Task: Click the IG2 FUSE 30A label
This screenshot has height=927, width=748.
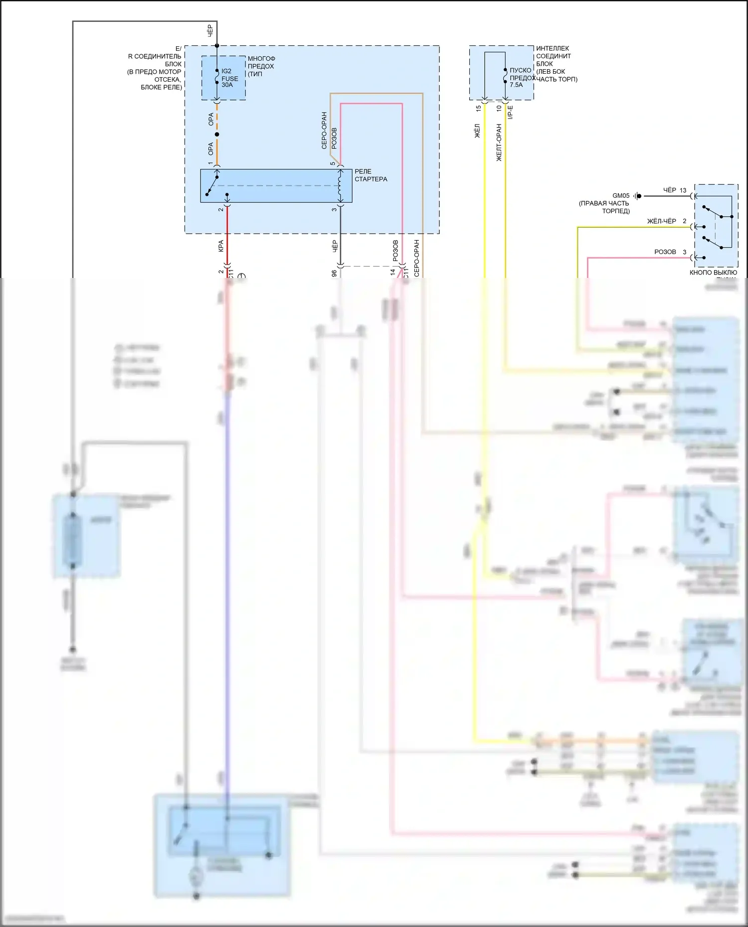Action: point(229,78)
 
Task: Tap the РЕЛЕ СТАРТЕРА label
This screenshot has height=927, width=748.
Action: point(371,175)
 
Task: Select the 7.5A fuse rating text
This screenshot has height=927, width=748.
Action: point(516,85)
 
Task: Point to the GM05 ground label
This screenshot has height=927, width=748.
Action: point(621,196)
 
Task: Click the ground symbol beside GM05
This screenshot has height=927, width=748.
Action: point(637,196)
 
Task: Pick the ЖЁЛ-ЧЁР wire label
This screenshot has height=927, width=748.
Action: point(661,221)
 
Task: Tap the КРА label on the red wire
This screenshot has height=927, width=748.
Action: point(221,246)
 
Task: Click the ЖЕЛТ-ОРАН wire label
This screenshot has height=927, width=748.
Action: point(499,142)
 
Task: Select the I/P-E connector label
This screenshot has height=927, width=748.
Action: point(510,112)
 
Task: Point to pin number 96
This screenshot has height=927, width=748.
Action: point(334,273)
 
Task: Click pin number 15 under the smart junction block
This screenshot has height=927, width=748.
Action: point(478,108)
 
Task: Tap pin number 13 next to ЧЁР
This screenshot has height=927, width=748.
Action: point(683,190)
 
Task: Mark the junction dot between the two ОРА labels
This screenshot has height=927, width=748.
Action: point(216,134)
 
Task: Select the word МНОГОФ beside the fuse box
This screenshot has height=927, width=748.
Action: point(261,59)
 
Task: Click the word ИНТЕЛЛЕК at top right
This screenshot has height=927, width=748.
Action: point(553,49)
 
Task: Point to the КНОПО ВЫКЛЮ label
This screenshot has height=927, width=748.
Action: point(713,272)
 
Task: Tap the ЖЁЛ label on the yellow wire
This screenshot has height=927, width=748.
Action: point(477,131)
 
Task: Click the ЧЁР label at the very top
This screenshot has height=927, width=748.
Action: point(210,30)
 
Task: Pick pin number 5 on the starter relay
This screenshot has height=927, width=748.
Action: point(333,163)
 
